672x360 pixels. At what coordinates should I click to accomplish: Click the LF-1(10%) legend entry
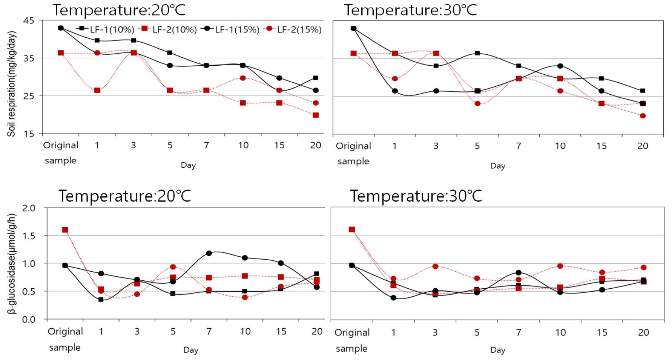click(106, 29)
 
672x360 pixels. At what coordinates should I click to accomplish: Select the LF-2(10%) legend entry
click(169, 29)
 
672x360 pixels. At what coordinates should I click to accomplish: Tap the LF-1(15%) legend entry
click(231, 29)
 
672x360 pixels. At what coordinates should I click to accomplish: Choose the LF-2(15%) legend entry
click(294, 29)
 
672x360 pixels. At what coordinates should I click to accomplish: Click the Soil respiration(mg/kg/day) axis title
click(11, 84)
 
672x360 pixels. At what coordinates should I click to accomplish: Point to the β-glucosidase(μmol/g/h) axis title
click(12, 263)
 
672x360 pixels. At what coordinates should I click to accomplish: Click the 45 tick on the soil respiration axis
click(29, 21)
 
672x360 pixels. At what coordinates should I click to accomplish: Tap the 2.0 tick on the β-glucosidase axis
click(29, 208)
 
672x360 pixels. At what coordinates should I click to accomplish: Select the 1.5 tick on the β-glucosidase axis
click(29, 236)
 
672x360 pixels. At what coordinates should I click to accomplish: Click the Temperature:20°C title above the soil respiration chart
click(119, 10)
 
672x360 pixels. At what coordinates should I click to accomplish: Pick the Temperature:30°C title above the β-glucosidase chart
click(416, 196)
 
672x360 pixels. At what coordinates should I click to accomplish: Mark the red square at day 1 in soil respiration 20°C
click(97, 90)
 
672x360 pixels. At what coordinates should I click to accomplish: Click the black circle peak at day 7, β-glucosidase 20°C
click(209, 253)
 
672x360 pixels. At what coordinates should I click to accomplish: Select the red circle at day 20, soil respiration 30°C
click(643, 116)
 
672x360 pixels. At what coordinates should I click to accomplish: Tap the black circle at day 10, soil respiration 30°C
click(560, 66)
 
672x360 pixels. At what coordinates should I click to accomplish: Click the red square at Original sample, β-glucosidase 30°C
click(352, 229)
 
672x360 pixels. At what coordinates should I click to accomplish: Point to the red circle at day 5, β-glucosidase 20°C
click(173, 267)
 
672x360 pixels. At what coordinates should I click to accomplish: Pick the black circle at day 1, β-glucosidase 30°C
click(393, 298)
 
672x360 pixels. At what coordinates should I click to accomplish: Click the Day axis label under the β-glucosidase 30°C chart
click(498, 350)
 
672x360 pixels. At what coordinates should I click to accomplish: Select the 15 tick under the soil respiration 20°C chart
click(279, 145)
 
